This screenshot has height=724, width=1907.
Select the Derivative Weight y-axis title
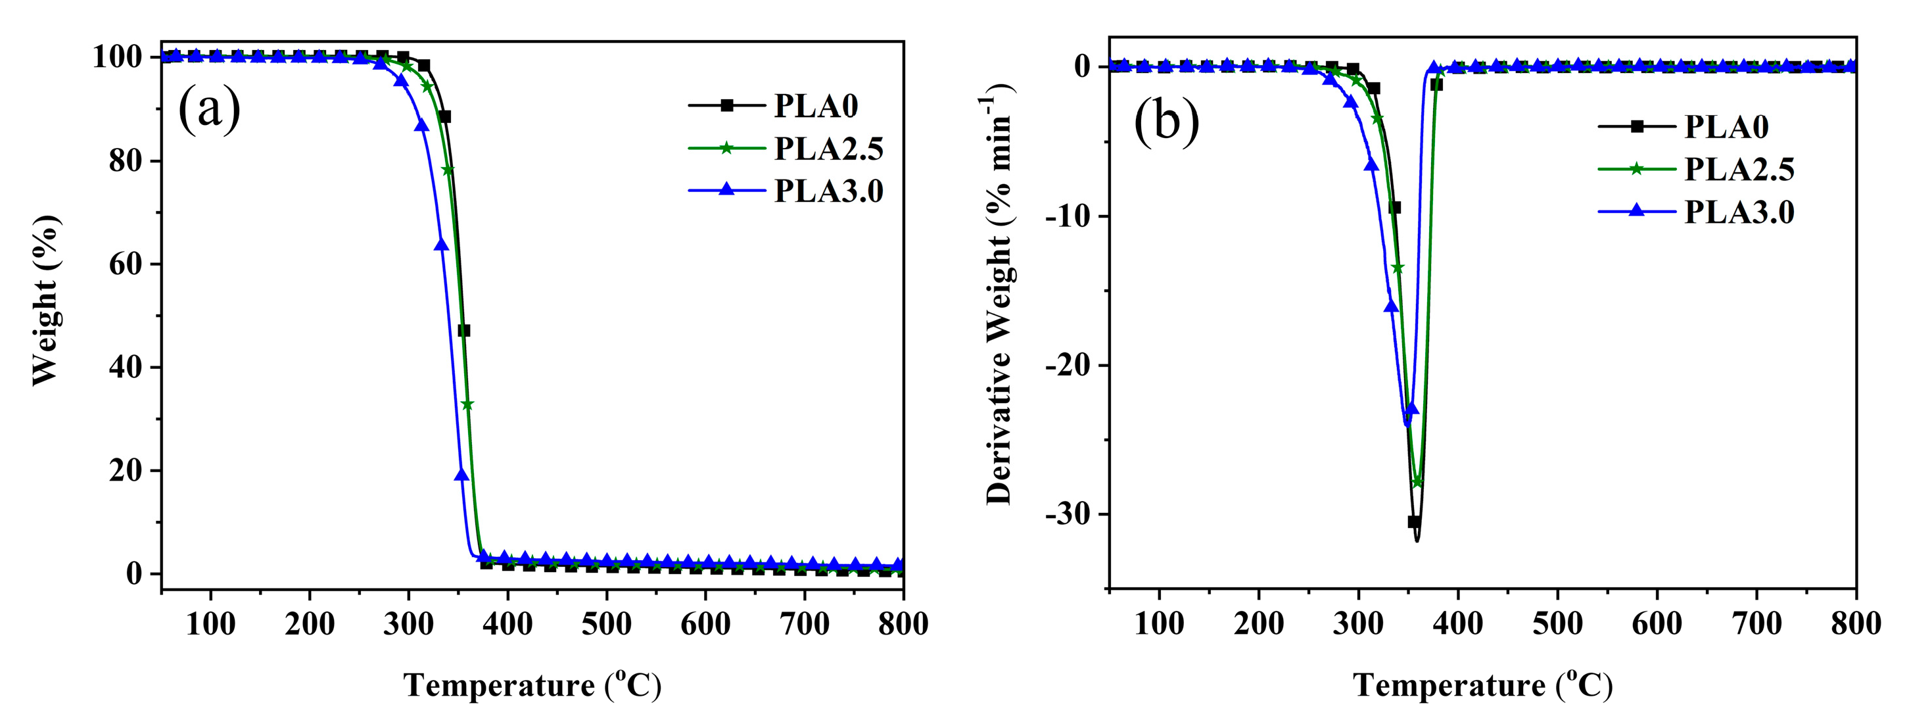coord(999,296)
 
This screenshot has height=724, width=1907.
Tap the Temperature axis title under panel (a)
coord(532,685)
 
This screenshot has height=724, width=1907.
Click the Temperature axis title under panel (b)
coord(1482,685)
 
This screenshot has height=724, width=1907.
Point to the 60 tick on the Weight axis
coord(126,264)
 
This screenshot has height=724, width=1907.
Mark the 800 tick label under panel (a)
coord(903,624)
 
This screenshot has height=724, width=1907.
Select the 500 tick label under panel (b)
coord(1557,624)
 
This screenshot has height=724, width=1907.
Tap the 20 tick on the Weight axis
coord(126,471)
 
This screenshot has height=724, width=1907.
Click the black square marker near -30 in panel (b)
coord(1413,522)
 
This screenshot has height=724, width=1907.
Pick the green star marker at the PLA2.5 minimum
coord(1418,482)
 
